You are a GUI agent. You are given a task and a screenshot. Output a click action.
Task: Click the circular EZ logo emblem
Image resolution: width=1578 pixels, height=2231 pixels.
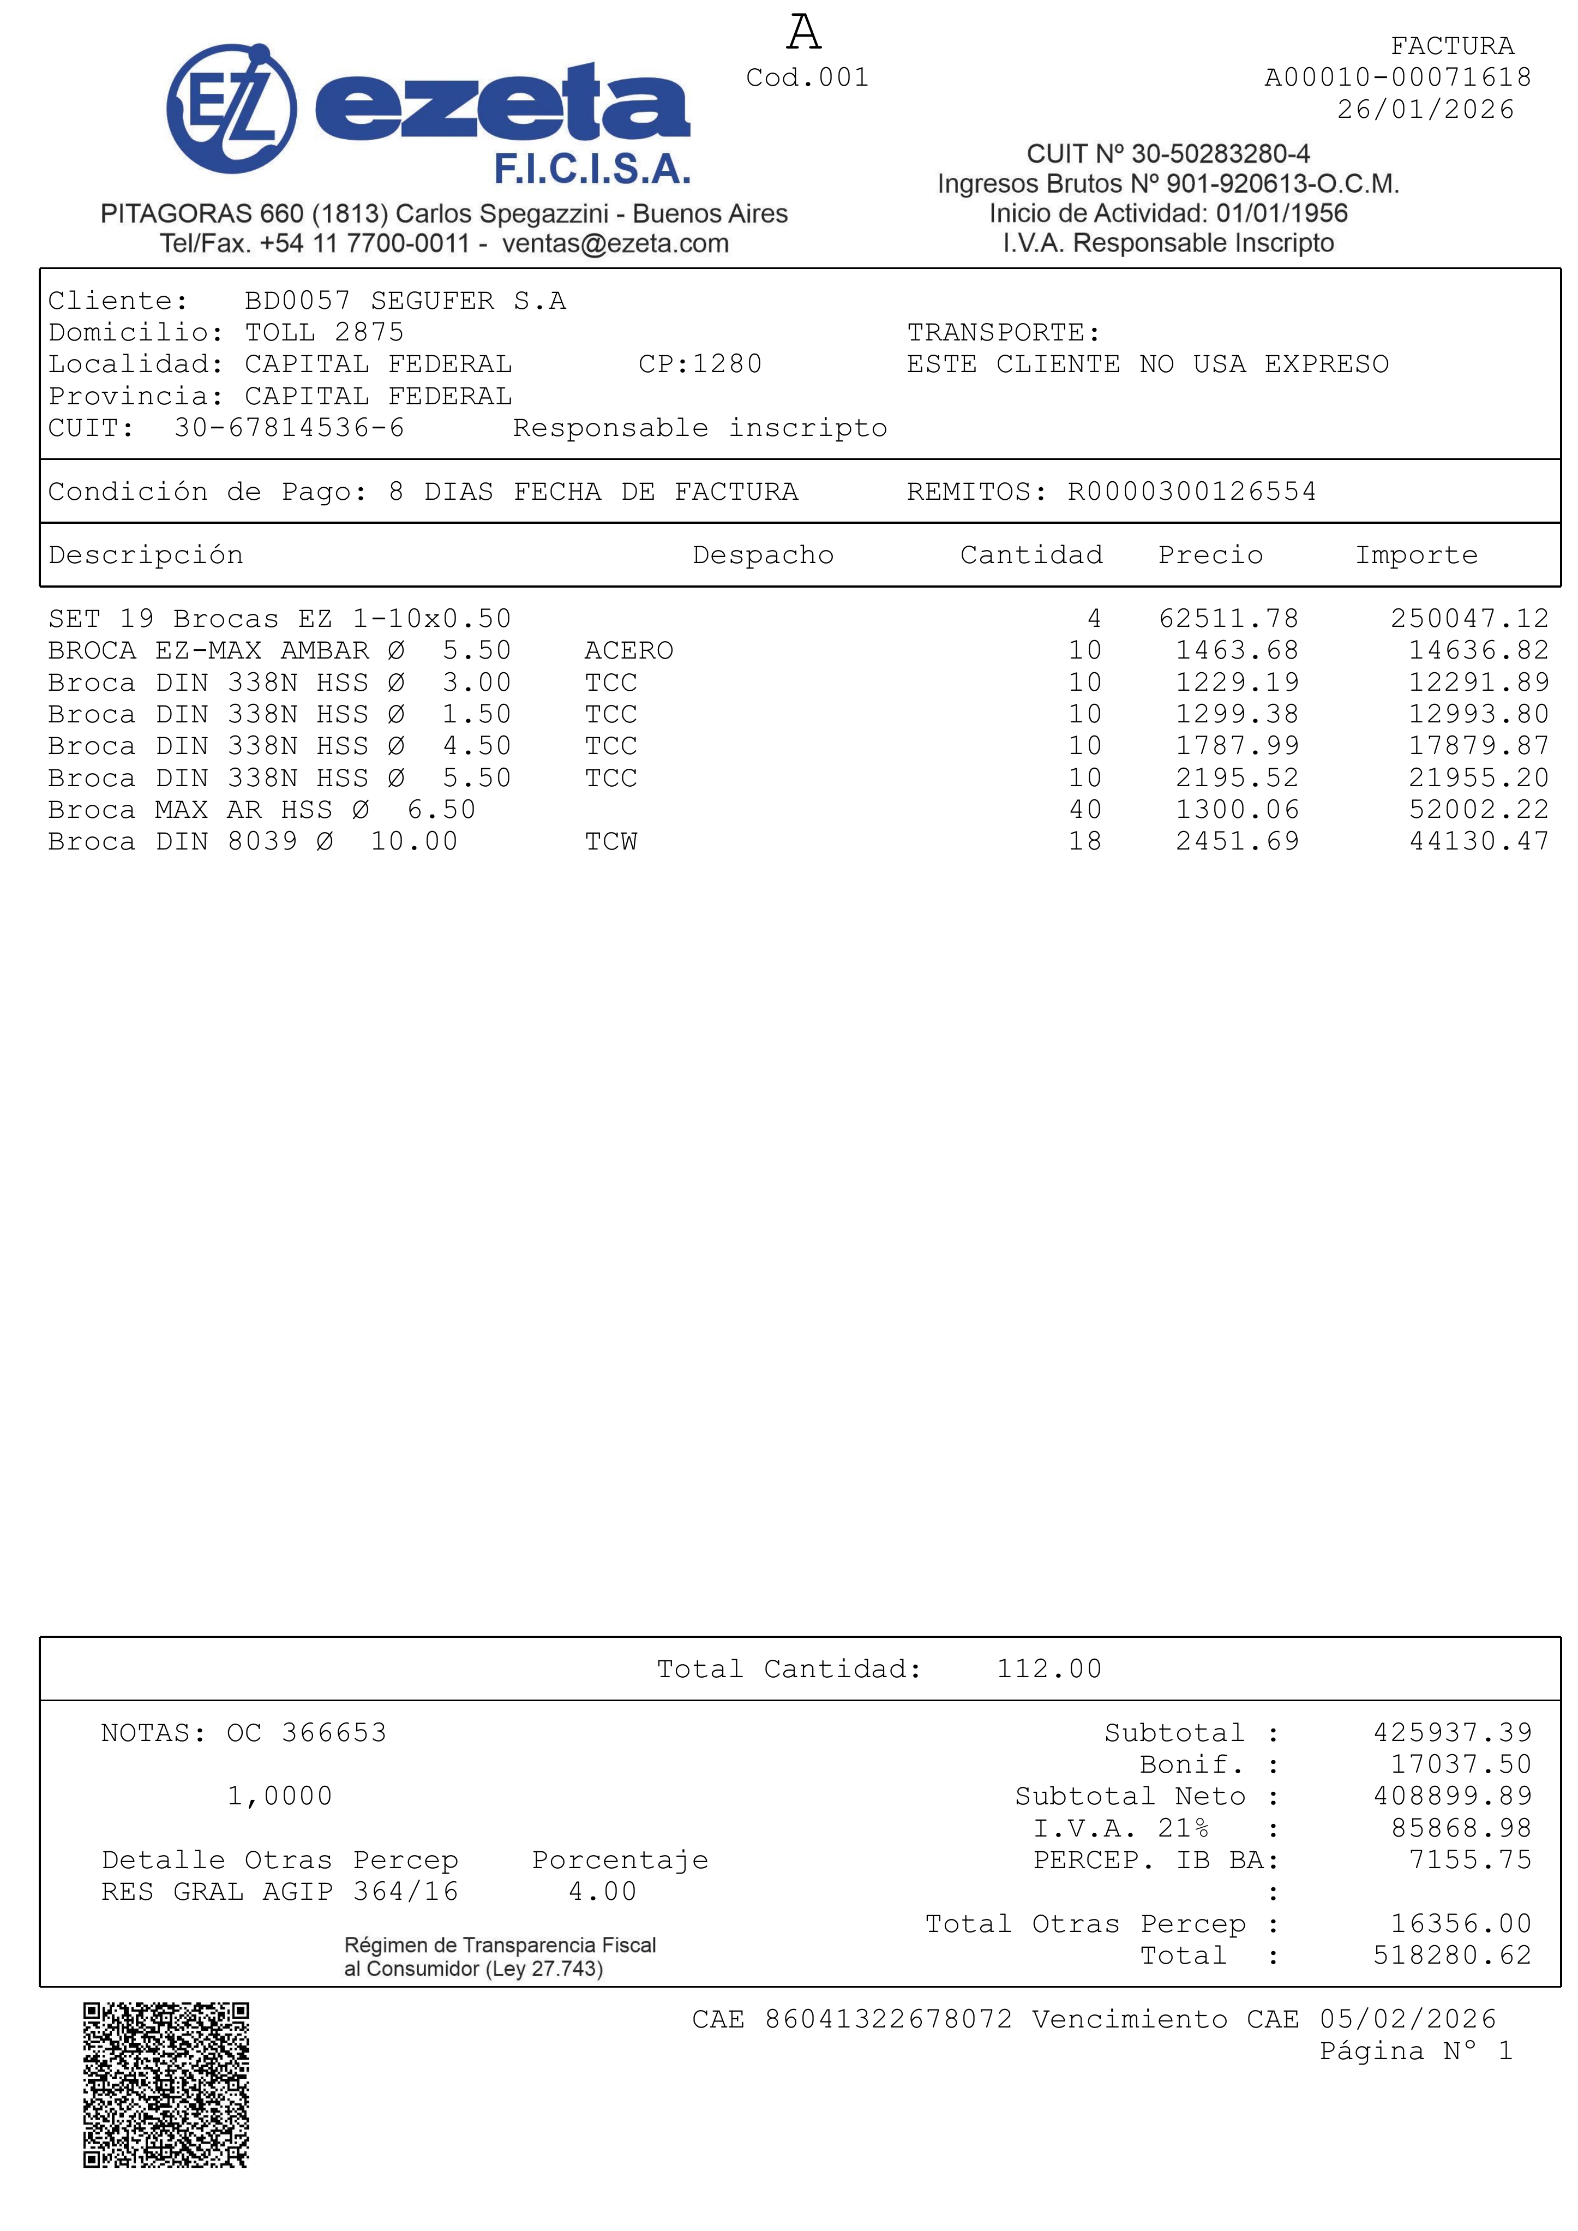coord(231,109)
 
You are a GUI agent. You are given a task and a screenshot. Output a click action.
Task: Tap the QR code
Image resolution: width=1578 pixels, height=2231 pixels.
coord(166,2085)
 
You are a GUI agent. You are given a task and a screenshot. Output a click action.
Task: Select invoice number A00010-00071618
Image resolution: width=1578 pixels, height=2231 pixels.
coord(1397,77)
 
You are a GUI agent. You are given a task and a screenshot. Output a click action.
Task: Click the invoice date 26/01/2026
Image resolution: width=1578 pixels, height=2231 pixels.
coord(1425,110)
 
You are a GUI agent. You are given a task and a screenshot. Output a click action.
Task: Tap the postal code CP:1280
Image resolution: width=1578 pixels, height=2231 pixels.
coord(700,364)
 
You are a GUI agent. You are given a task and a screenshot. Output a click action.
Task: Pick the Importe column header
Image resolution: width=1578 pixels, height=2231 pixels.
coord(1416,555)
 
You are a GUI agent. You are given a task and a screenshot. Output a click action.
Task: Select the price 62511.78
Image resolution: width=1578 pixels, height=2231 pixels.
coord(1228,619)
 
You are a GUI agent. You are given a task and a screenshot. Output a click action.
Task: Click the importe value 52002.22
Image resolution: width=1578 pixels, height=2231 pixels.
coord(1479,810)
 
